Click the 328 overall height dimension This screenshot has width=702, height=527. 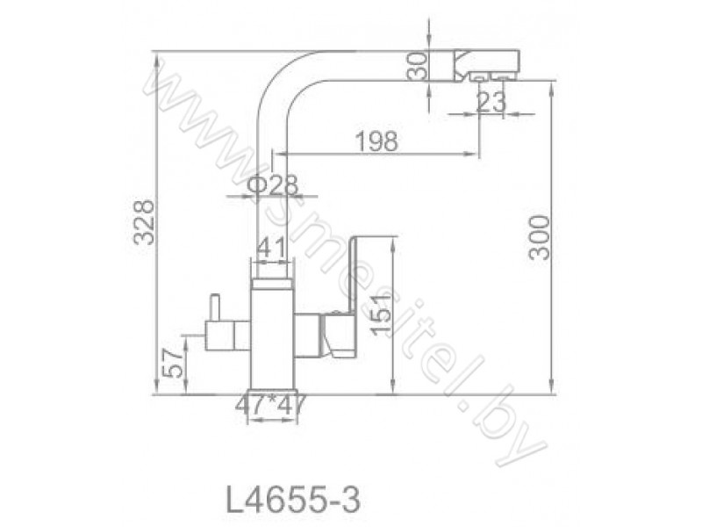(145, 223)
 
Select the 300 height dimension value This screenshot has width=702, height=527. (539, 237)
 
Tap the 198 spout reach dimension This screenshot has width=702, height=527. (376, 141)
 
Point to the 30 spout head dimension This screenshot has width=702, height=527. (418, 67)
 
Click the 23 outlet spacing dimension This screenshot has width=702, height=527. (491, 103)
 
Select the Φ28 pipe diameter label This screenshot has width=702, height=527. (272, 184)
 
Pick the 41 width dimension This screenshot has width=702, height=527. (272, 248)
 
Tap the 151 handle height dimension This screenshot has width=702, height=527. (381, 315)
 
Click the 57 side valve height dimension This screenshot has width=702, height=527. (172, 363)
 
